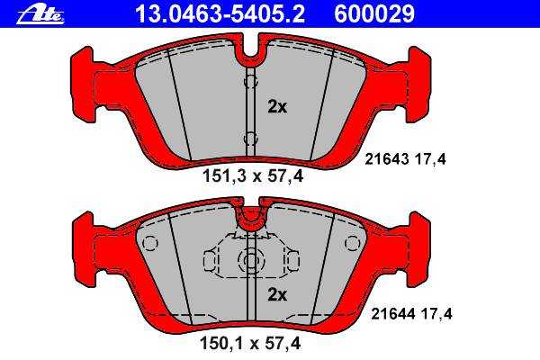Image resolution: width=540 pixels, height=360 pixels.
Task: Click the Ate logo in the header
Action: coord(40,15)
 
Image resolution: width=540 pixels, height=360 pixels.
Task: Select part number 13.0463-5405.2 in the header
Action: coord(220,13)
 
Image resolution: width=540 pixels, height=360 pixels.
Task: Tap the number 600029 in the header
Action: coord(374,13)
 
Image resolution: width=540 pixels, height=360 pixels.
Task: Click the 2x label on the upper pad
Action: coord(277,107)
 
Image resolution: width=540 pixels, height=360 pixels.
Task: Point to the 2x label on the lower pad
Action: coord(277,294)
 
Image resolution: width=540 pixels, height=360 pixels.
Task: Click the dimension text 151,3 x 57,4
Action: coord(253,176)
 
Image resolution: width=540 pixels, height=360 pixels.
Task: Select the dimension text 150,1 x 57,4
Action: coord(250,344)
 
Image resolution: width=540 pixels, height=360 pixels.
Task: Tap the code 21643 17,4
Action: coord(405,159)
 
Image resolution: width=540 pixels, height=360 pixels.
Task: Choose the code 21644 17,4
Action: coord(411,314)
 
